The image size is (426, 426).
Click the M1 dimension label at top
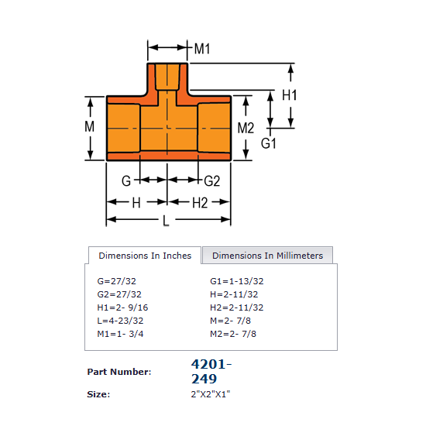coord(201,49)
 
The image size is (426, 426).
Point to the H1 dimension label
coord(290,95)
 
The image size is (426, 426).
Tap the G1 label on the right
coord(269,144)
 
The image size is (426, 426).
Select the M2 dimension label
coord(246,128)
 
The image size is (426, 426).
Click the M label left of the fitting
coord(90,126)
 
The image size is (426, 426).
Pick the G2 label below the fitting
coord(212,181)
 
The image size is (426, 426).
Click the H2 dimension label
coord(199,202)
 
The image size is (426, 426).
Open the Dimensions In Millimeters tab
coord(267,256)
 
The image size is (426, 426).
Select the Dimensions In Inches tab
coord(145,256)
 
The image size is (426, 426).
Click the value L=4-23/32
coord(120,321)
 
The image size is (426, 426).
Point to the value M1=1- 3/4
coord(120,334)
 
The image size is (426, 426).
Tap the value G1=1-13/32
coord(237,281)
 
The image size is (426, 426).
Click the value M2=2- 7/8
coord(233,334)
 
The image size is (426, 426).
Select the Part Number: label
coord(119,372)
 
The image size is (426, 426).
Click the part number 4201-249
coord(211,371)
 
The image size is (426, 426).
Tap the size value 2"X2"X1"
coord(211,394)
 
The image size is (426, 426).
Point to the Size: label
coord(98,394)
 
